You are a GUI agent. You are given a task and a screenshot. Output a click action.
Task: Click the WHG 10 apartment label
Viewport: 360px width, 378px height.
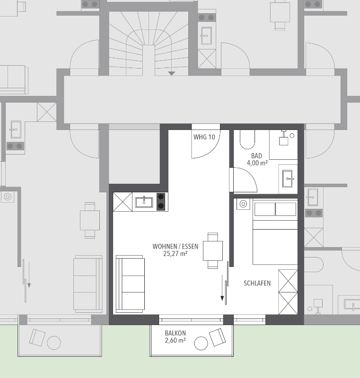204,137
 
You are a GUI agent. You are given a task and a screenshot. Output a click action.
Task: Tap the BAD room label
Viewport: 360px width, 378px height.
256,156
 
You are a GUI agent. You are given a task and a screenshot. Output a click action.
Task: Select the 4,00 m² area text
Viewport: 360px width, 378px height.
257,163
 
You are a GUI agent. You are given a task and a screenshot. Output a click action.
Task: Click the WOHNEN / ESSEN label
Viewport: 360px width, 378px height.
176,246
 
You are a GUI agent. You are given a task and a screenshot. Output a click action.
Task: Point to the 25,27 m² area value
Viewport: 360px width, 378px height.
176,254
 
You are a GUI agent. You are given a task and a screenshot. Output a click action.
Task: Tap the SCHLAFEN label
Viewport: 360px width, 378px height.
257,283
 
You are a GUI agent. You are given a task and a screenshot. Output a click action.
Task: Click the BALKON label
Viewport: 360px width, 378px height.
176,333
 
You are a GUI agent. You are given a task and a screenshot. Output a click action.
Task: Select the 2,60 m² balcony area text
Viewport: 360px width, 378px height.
176,340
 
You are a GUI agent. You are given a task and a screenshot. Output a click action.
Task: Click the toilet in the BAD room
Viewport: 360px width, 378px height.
247,139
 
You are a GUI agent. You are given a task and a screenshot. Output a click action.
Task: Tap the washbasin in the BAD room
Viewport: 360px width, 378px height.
288,179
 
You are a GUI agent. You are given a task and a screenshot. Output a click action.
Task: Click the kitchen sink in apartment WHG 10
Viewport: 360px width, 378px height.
144,202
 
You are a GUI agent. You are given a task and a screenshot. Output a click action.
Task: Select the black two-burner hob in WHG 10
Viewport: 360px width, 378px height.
161,202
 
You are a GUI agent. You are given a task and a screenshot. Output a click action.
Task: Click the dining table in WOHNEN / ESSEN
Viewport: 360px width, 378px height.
212,251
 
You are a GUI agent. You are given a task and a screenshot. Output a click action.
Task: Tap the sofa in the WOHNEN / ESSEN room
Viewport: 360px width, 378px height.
130,284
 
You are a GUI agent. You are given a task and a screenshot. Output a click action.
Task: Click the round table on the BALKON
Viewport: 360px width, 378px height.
201,343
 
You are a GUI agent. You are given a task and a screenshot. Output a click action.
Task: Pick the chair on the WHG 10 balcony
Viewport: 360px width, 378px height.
218,337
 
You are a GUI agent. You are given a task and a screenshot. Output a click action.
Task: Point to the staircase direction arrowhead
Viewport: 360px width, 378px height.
172,74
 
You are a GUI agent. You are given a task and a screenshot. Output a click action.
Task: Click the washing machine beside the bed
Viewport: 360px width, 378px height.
243,204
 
